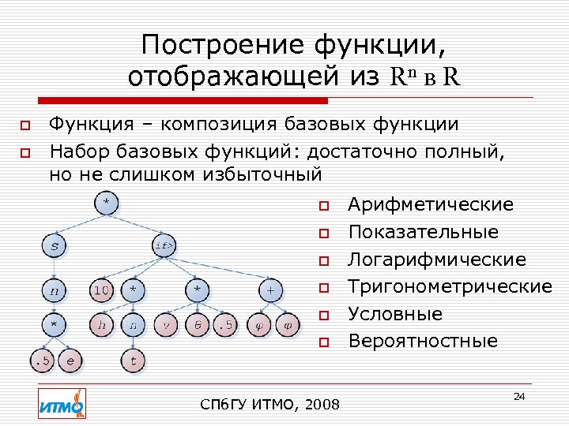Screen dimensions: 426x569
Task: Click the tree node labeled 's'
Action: [54, 246]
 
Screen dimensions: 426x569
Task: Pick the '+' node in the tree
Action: [270, 290]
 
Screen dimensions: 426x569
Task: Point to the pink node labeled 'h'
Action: [101, 324]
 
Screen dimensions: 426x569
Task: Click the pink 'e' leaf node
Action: [70, 361]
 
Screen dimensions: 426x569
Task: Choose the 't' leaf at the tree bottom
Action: [134, 361]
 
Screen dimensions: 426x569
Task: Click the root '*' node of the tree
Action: [105, 203]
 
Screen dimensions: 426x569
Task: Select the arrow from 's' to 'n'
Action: [54, 268]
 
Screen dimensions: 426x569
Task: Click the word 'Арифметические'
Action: [431, 205]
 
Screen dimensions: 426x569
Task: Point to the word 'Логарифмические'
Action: [437, 260]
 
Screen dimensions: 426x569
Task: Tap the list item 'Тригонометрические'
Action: [450, 286]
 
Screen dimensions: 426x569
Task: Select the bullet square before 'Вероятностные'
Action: [322, 342]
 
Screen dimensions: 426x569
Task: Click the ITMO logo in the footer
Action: [62, 403]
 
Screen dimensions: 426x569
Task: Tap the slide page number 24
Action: [518, 395]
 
